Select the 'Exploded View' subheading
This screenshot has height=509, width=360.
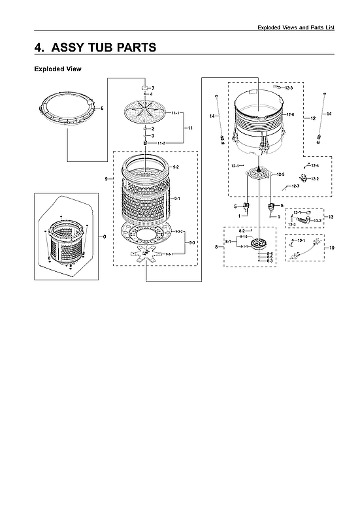57,69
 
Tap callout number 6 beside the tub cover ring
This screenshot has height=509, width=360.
102,108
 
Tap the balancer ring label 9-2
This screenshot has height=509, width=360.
176,168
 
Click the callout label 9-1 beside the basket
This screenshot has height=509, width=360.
177,198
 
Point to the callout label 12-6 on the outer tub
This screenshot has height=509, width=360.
290,114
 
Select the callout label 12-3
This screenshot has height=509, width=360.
289,88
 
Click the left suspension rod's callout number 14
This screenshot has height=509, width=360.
212,116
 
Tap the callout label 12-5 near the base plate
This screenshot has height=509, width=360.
280,174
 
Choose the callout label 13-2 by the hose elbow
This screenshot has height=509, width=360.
318,221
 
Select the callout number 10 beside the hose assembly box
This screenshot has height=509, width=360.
331,248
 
